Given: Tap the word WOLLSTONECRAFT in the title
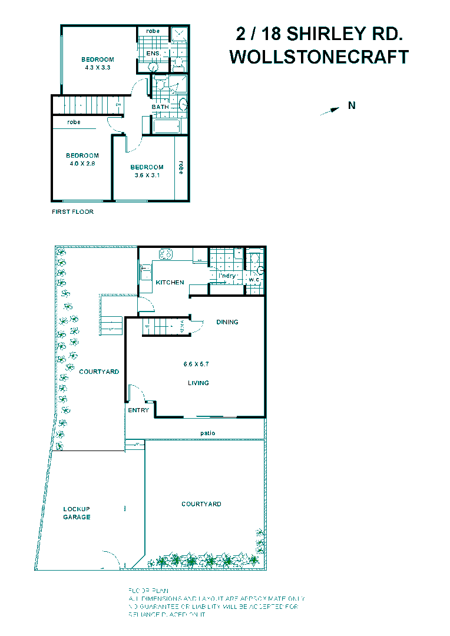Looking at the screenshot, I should [x=319, y=57].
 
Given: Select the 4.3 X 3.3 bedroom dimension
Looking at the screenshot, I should [x=98, y=68].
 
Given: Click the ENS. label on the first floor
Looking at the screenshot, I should [x=153, y=54].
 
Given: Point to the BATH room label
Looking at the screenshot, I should [x=160, y=107].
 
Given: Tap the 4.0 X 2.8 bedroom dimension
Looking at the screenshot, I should [x=82, y=163].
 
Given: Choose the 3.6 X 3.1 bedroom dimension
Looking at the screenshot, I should [x=147, y=175].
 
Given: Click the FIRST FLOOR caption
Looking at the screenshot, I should [x=73, y=212].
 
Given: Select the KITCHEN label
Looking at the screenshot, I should [x=170, y=283].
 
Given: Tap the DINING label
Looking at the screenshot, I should [x=227, y=322].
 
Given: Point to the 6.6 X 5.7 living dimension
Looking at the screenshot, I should [x=196, y=365].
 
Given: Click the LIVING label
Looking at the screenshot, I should [x=198, y=383].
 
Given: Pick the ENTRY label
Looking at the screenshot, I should [x=138, y=410].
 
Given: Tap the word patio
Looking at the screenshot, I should [x=207, y=433].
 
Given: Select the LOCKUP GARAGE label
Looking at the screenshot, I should [x=77, y=513].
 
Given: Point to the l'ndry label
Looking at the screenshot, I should [x=227, y=276].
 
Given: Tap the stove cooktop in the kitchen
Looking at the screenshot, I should [x=164, y=254].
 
